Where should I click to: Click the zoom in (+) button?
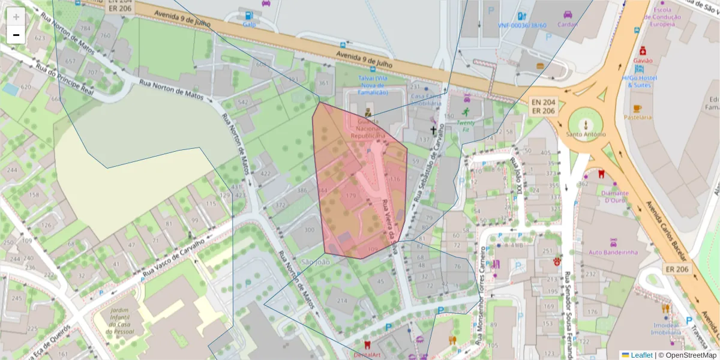[x=16, y=17]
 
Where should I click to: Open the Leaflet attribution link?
[x=641, y=355]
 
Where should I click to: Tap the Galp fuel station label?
[x=249, y=25]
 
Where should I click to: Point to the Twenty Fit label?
[x=466, y=122]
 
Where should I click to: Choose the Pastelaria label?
[x=637, y=117]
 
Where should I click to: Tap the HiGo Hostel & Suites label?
[x=640, y=82]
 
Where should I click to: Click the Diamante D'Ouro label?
[x=607, y=197]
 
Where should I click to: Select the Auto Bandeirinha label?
[x=613, y=253]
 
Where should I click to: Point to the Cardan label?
[x=567, y=25]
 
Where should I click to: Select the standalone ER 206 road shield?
[x=677, y=269]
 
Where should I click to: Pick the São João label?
[x=316, y=262]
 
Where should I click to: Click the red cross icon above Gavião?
[x=643, y=50]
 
